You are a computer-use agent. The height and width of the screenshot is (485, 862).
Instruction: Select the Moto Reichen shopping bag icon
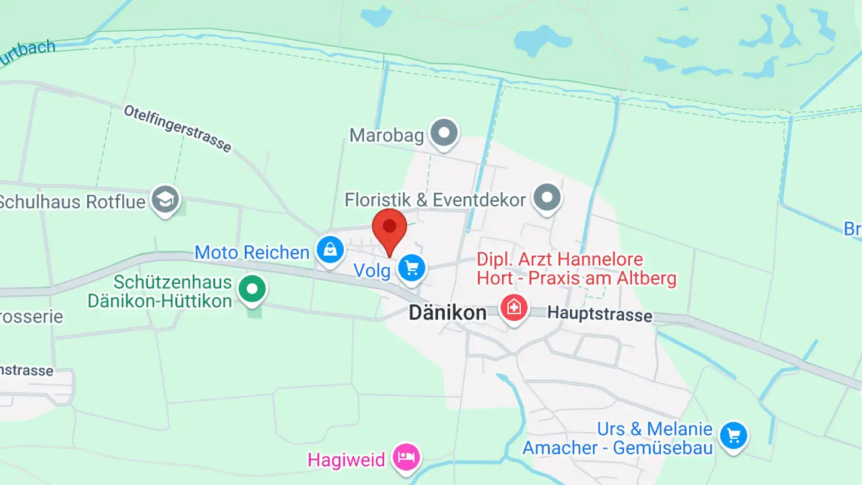tap(330, 250)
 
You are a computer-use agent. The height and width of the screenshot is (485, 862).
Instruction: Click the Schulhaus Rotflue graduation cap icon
tap(165, 199)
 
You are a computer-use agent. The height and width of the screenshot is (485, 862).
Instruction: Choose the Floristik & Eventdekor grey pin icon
tap(547, 197)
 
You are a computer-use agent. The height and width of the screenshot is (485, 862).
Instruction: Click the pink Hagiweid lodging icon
tap(407, 457)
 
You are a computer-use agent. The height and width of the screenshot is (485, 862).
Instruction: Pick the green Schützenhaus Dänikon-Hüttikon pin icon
tap(253, 289)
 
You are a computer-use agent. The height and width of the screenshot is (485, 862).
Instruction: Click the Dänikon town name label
tap(447, 313)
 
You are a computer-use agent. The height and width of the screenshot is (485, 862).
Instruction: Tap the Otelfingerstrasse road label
tap(177, 128)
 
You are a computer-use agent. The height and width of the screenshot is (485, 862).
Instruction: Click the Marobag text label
tap(386, 135)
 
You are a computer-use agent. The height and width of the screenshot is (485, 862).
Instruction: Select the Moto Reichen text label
tap(251, 252)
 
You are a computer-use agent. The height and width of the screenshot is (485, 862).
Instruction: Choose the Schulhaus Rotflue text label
tap(72, 201)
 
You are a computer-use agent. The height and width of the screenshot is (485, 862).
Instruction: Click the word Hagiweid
tap(346, 460)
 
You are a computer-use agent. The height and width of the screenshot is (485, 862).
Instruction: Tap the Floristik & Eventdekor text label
tap(435, 199)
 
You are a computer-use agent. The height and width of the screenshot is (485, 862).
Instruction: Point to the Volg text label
tap(372, 271)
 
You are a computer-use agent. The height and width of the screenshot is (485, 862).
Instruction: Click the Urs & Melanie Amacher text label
tap(618, 438)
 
